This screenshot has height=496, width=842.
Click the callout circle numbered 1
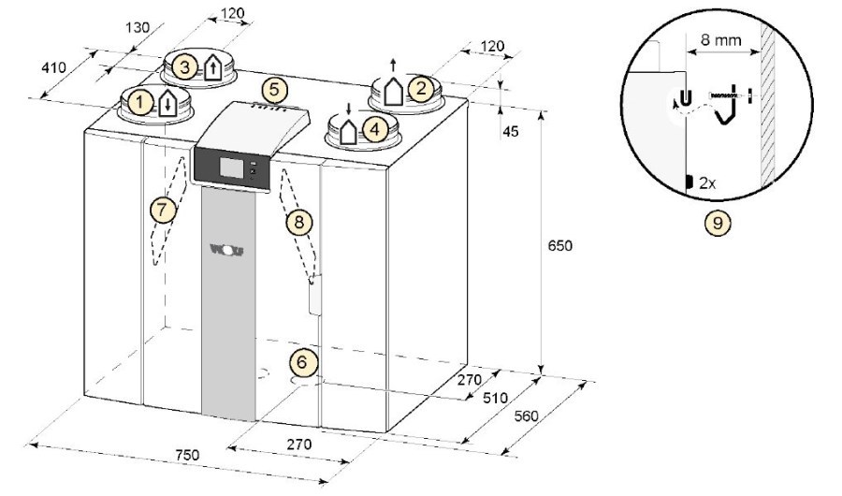tap(140, 101)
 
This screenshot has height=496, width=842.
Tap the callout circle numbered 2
tap(420, 88)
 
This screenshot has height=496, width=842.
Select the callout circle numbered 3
tap(184, 67)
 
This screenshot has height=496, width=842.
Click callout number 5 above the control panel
tap(274, 89)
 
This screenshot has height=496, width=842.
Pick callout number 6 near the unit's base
tap(302, 361)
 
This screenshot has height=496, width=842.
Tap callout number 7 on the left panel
tap(163, 209)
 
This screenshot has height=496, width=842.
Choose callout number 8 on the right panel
tap(299, 221)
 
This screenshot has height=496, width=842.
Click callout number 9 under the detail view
tap(718, 222)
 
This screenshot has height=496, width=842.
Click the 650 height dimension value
tap(560, 245)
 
